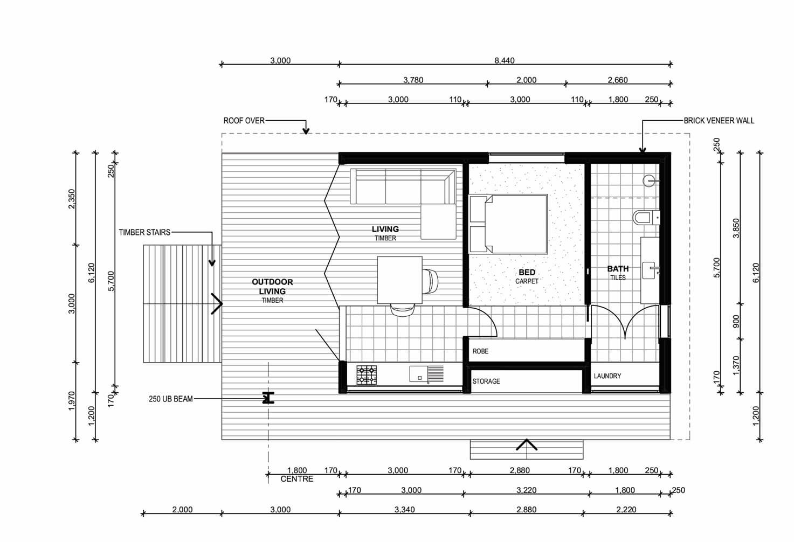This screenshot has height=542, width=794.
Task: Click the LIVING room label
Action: click(385, 229)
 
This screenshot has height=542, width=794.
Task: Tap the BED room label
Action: click(527, 273)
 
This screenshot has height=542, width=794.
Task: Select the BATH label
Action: click(618, 269)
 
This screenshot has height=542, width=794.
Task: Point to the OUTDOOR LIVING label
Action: click(272, 287)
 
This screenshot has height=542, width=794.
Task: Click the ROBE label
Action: click(480, 351)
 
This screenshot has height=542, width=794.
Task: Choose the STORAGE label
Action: click(486, 381)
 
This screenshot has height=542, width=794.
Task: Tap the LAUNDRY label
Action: click(607, 376)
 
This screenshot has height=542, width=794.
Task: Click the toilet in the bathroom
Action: click(646, 217)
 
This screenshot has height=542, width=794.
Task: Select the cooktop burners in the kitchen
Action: click(367, 375)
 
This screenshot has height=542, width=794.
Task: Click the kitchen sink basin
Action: click(419, 374)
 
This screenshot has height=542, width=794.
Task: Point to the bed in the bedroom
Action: click(508, 224)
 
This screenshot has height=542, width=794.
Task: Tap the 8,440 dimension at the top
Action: click(505, 60)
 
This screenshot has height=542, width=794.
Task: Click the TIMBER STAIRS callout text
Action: click(144, 232)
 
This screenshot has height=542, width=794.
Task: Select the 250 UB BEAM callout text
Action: click(170, 399)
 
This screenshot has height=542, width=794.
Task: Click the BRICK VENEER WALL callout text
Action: click(719, 121)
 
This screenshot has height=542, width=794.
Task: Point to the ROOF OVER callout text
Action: click(244, 121)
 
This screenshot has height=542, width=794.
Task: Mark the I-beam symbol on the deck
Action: click(268, 398)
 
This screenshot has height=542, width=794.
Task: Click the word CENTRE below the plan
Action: click(297, 479)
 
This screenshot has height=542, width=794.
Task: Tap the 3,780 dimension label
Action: click(413, 80)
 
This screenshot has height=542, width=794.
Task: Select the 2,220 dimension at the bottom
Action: click(626, 510)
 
